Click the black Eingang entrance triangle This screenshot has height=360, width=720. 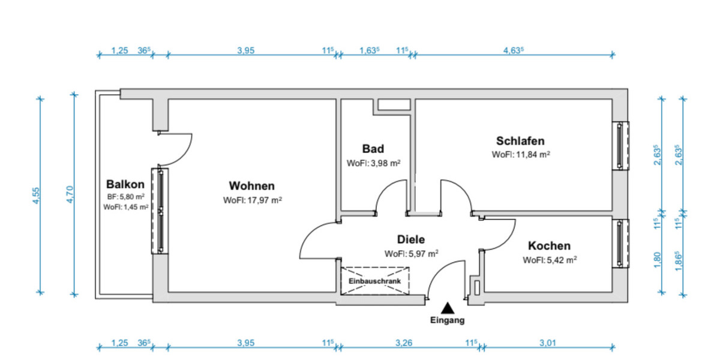pos(447,308)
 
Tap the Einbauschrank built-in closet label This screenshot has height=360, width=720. pos(376,281)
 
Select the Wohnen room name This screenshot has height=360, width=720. pos(252,186)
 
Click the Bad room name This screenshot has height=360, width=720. pos(373,149)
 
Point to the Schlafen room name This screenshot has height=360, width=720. pos(520,141)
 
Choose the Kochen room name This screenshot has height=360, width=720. pos(549,246)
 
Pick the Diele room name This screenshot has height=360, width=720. pos(411,239)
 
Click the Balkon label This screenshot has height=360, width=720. pos(125,184)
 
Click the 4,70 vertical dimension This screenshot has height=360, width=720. pos(69,195)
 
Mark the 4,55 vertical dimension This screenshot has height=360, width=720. pos(36,195)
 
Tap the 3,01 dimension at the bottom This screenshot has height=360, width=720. pos(548,344)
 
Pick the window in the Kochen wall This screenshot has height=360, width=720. pos(622,242)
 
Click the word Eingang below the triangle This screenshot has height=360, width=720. pos(447,320)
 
